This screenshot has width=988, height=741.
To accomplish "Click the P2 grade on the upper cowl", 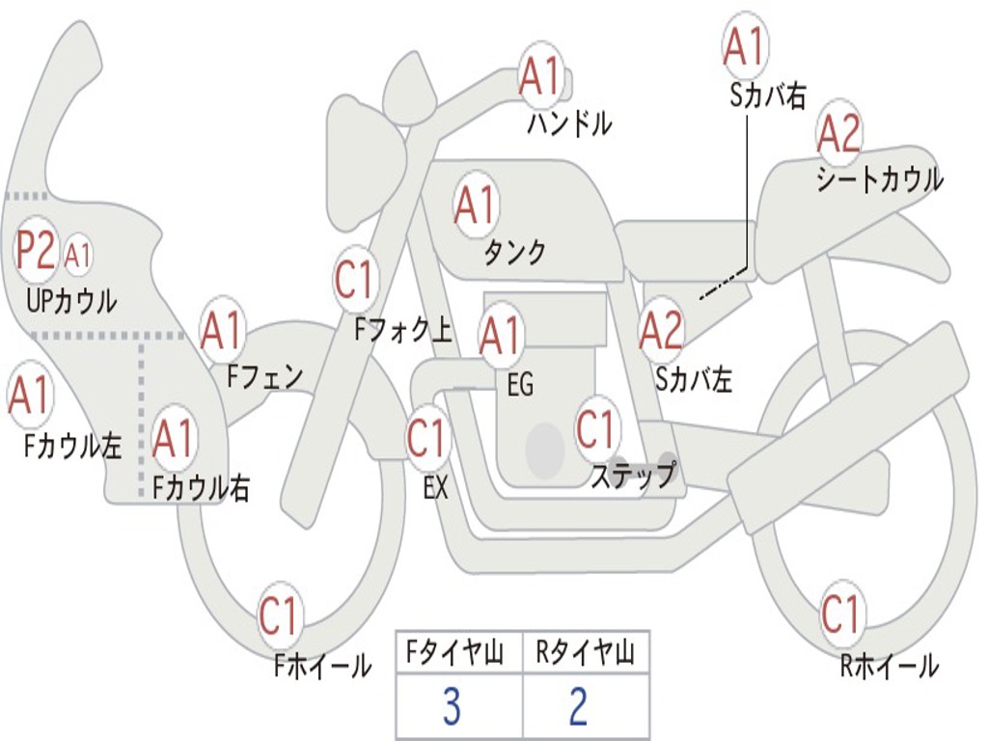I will pyautogui.click(x=36, y=251).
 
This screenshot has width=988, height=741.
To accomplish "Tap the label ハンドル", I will pyautogui.click(x=569, y=124).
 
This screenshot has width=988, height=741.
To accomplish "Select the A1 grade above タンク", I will pyautogui.click(x=476, y=205).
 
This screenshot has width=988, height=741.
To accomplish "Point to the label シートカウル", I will pyautogui.click(x=879, y=180).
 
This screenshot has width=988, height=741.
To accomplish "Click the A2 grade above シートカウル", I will pyautogui.click(x=838, y=134).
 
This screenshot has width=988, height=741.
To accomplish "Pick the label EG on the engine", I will pyautogui.click(x=520, y=385).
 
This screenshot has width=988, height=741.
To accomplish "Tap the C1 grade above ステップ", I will pyautogui.click(x=595, y=428).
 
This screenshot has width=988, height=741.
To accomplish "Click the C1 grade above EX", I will pyautogui.click(x=427, y=438).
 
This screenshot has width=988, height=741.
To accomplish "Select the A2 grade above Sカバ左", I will pyautogui.click(x=662, y=331).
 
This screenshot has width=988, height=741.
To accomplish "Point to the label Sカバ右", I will pyautogui.click(x=768, y=95).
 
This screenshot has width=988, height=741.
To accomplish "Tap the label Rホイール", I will pyautogui.click(x=889, y=665).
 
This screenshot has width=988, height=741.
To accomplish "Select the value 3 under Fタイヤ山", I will pyautogui.click(x=452, y=707).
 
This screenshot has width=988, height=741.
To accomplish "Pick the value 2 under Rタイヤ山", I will pyautogui.click(x=579, y=707).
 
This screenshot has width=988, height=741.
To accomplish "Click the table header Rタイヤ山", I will pyautogui.click(x=585, y=654).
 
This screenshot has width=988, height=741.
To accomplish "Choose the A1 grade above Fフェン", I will pyautogui.click(x=222, y=331).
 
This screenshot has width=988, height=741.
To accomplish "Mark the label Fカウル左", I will pyautogui.click(x=72, y=446).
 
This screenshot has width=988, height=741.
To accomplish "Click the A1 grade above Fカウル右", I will pyautogui.click(x=175, y=439).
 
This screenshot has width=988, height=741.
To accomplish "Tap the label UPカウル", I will pyautogui.click(x=71, y=301).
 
